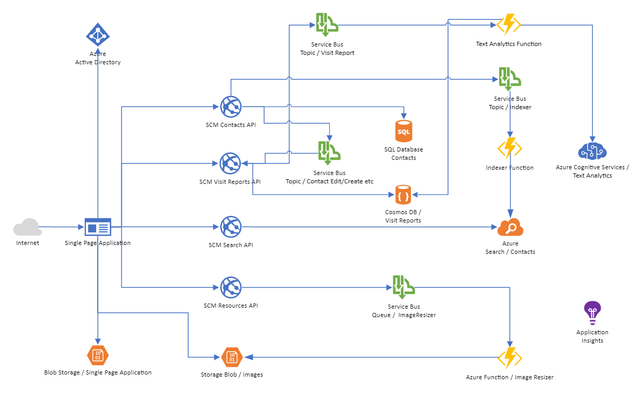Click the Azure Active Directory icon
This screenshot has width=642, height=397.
click(x=98, y=35)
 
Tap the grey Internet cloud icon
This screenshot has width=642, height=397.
click(x=28, y=228)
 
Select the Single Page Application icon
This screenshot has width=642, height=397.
click(x=98, y=227)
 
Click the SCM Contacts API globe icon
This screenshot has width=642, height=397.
click(x=231, y=107)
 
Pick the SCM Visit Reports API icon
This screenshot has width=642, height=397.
click(x=230, y=163)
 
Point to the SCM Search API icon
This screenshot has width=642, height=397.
click(x=231, y=227)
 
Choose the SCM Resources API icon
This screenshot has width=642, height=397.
click(x=231, y=287)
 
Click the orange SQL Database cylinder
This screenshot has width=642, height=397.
click(x=404, y=131)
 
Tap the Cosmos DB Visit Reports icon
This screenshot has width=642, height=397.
click(x=403, y=195)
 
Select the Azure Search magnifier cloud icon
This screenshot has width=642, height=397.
click(x=510, y=227)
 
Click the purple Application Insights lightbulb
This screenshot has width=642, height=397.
click(x=592, y=313)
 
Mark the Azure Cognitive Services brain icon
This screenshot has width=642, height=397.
click(x=592, y=150)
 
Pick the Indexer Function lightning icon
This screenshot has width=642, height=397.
click(x=510, y=148)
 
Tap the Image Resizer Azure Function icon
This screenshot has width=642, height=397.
click(x=509, y=358)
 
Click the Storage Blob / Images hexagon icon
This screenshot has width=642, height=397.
click(x=232, y=357)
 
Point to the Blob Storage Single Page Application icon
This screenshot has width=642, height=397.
click(x=97, y=355)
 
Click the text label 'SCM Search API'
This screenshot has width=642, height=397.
click(x=231, y=245)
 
